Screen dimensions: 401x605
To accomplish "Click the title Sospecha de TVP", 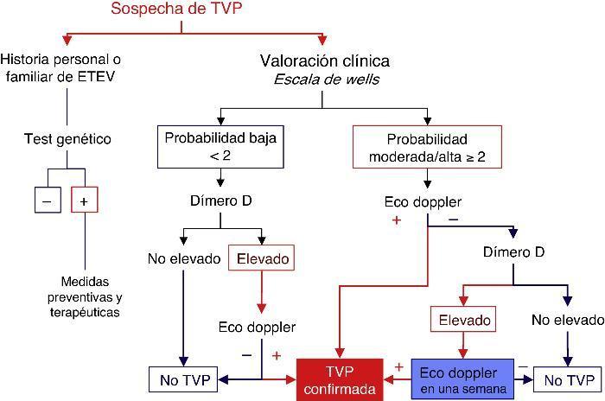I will pos(181,10).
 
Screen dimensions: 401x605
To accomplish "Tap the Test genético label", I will pos(67,138).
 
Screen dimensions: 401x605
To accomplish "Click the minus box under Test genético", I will pos(47,200).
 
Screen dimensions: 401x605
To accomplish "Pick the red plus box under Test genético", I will pos(84,200).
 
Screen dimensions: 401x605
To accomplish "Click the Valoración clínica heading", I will pos(324,61).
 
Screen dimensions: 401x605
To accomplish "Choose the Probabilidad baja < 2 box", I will pos(220,147).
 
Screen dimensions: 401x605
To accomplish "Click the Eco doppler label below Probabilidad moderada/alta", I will pos(423,203).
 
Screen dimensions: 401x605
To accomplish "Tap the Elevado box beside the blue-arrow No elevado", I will pos(261,258).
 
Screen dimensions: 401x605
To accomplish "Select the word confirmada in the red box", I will pos(339,390).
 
